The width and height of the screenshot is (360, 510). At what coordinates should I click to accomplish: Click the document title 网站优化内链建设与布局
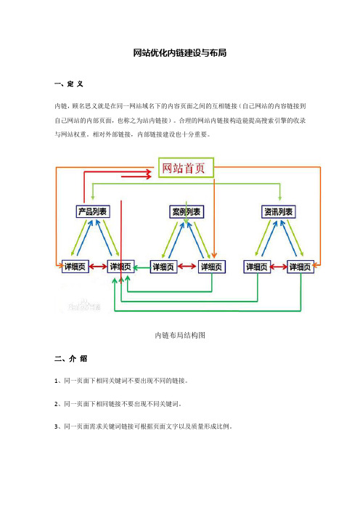(180, 53)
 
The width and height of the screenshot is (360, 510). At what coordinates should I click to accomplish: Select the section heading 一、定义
(69, 84)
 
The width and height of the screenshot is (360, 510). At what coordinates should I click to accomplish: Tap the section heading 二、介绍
(70, 359)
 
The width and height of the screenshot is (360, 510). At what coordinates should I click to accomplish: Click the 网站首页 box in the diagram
(187, 168)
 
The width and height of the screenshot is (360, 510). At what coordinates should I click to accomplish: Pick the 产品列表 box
(93, 211)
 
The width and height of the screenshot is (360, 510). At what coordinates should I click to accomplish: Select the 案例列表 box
(187, 212)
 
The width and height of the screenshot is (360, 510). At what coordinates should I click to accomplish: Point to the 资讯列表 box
(279, 211)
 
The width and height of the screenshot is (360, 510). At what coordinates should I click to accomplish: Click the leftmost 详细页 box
(75, 267)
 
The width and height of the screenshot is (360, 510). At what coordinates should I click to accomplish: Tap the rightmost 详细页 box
(300, 267)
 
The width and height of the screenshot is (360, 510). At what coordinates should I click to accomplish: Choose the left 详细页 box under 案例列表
(163, 267)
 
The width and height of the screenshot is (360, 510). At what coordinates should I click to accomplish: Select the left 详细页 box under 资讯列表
(257, 267)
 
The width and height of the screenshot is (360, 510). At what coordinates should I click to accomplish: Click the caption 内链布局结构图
(180, 335)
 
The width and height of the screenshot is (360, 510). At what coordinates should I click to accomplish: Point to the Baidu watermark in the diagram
(84, 306)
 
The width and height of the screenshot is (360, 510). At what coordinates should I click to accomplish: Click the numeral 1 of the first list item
(56, 381)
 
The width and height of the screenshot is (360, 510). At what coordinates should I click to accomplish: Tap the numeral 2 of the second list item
(56, 404)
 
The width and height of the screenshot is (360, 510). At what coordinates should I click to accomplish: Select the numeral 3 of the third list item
(56, 426)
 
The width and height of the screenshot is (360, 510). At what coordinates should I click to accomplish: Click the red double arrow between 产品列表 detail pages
(98, 267)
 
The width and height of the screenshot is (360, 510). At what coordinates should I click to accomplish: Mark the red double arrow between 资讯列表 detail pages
(279, 267)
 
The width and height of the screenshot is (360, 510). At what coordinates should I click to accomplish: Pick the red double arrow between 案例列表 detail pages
(187, 267)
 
